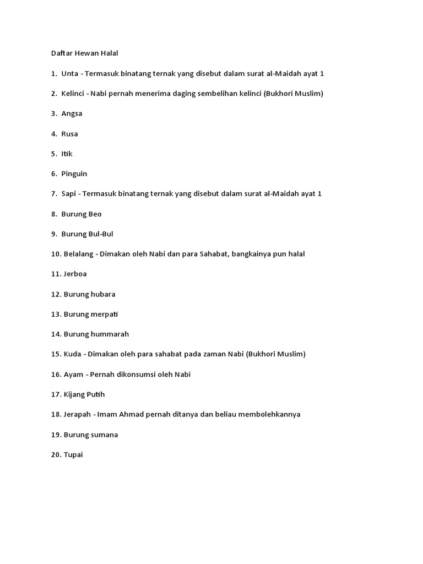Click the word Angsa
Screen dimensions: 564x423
[72, 113]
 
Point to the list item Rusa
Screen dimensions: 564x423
[70, 134]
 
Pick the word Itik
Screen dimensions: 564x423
[67, 154]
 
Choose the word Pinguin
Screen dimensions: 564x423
[74, 173]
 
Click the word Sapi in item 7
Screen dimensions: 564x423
[68, 194]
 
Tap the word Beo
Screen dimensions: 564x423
[95, 214]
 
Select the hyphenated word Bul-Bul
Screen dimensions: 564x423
[101, 234]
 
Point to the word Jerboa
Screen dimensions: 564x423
[75, 274]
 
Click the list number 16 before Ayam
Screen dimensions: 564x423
[56, 375]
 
